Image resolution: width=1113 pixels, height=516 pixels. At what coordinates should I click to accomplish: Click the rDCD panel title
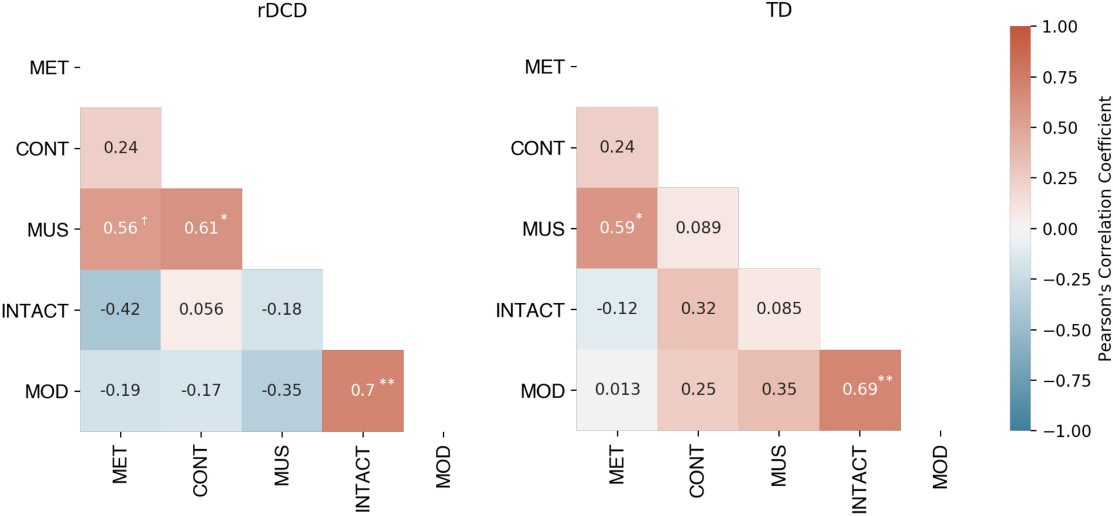tap(282, 11)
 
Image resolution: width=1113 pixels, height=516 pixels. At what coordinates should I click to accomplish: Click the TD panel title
tap(779, 10)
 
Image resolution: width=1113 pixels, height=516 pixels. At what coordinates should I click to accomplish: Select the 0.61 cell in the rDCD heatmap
tap(201, 228)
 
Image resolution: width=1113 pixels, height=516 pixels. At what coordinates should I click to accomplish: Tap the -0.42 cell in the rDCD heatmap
tap(120, 309)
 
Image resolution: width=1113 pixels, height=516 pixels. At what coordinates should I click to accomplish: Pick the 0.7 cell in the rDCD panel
tap(363, 390)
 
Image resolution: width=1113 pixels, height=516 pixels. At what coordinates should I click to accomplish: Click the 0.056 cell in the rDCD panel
tap(201, 309)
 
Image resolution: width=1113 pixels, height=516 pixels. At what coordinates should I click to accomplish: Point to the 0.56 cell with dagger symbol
tap(120, 228)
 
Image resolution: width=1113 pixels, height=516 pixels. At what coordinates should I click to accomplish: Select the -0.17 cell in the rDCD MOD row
tap(201, 390)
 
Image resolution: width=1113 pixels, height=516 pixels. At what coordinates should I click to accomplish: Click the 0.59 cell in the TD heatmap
tap(617, 228)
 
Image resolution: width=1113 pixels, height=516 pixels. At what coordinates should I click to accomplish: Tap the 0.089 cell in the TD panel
tap(698, 228)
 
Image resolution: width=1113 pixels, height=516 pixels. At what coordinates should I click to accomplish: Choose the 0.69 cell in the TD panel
tap(860, 389)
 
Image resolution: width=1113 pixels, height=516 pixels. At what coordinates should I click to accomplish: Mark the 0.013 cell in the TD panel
tap(617, 389)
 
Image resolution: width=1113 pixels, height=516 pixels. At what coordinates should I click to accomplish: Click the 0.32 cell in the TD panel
tap(698, 309)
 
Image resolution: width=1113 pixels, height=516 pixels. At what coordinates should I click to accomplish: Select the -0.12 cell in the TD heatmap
tap(617, 309)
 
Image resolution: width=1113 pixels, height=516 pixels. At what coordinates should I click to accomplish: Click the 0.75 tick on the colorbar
tap(1060, 78)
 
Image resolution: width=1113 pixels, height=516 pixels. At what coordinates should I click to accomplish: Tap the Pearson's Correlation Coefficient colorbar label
tap(1105, 228)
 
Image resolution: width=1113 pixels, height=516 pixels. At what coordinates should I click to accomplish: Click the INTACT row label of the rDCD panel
tap(35, 311)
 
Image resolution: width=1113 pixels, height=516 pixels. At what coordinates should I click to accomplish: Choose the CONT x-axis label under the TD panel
tap(697, 471)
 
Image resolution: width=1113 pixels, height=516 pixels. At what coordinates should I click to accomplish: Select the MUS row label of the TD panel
tap(543, 229)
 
